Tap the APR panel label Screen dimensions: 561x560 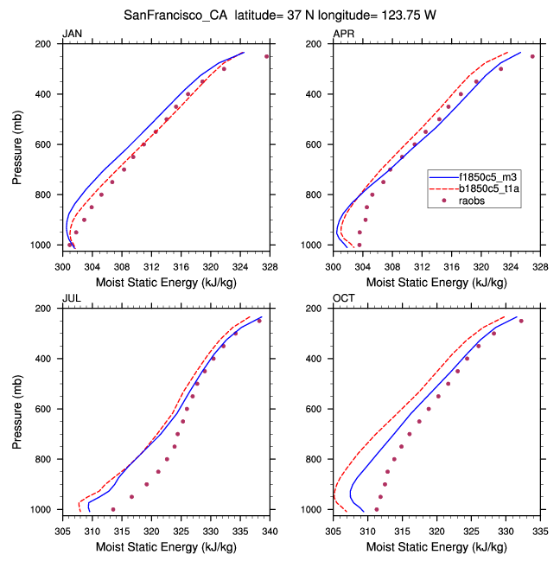click(343, 34)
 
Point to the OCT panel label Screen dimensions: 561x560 click(343, 298)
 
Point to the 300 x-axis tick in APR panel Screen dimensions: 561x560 click(334, 257)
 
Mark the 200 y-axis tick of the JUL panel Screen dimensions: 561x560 click(49, 309)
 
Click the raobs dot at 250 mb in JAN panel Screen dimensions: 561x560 click(267, 56)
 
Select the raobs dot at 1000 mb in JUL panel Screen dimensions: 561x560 click(113, 509)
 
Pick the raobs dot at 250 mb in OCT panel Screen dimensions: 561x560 click(521, 321)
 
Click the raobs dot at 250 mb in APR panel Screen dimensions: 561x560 click(532, 56)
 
